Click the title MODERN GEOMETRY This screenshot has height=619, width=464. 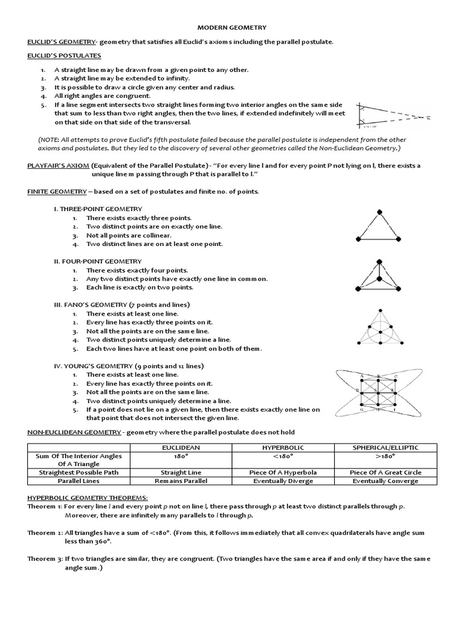[x=233, y=27]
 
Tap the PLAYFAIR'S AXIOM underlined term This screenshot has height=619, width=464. [x=57, y=165]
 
